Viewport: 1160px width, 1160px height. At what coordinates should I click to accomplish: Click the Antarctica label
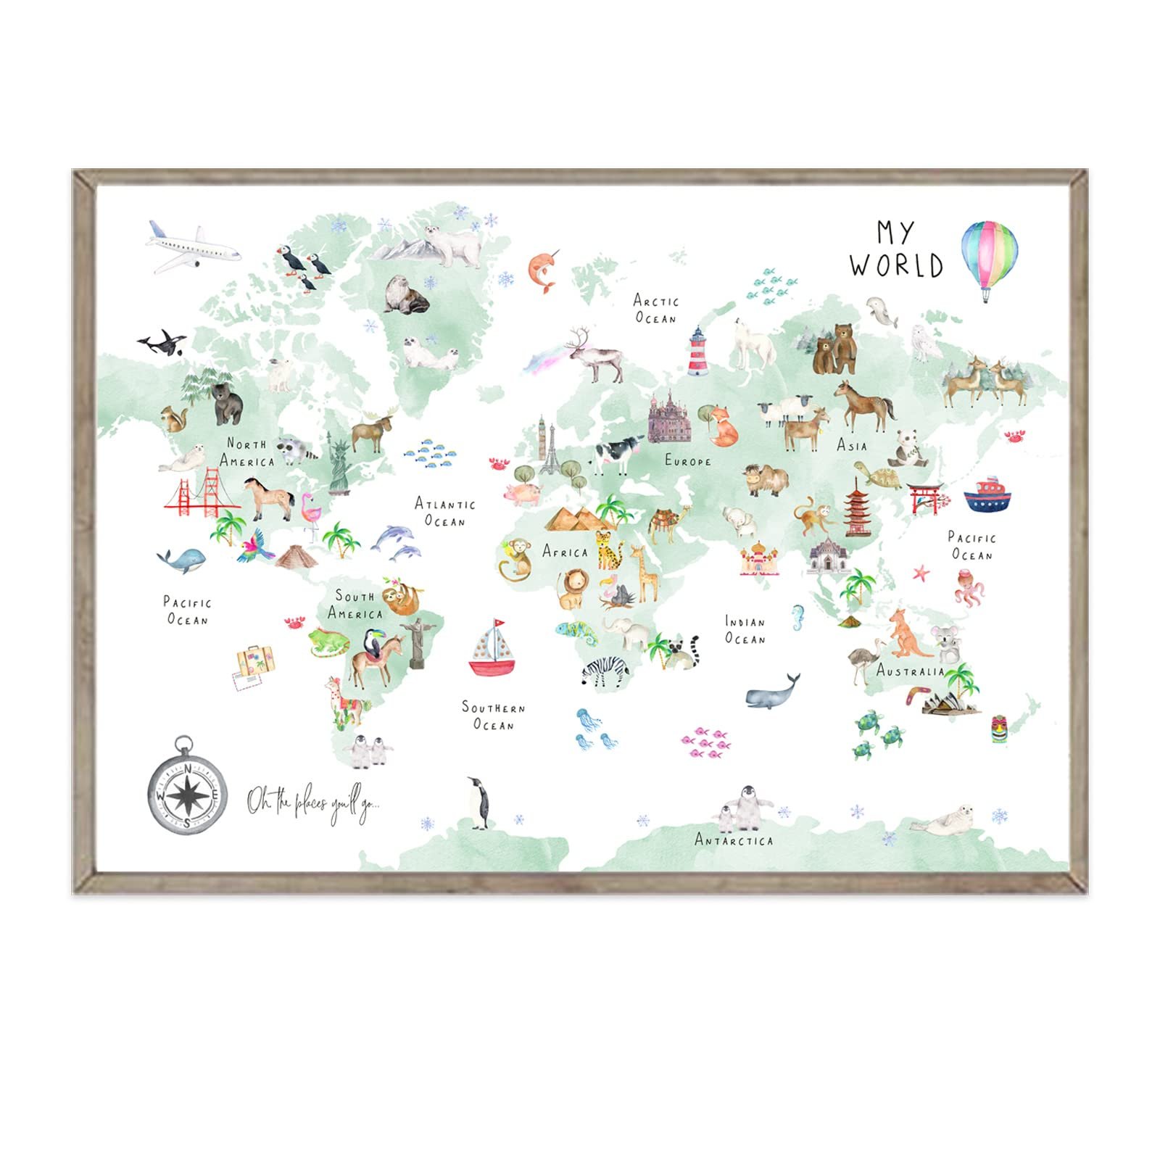pyautogui.click(x=734, y=840)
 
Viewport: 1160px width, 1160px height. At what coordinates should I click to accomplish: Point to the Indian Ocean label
pyautogui.click(x=745, y=630)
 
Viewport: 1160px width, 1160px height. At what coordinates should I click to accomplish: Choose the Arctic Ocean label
pyautogui.click(x=655, y=310)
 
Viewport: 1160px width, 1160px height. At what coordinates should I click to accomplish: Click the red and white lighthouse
pyautogui.click(x=697, y=352)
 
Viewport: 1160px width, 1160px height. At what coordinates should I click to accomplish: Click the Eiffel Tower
pyautogui.click(x=551, y=450)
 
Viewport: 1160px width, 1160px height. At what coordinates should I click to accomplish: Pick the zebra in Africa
pyautogui.click(x=605, y=670)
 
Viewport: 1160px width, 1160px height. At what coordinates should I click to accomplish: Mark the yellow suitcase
pyautogui.click(x=255, y=660)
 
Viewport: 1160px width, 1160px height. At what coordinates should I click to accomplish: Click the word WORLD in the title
pyautogui.click(x=897, y=265)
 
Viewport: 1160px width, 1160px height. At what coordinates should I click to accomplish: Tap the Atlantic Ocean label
pyautogui.click(x=444, y=512)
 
